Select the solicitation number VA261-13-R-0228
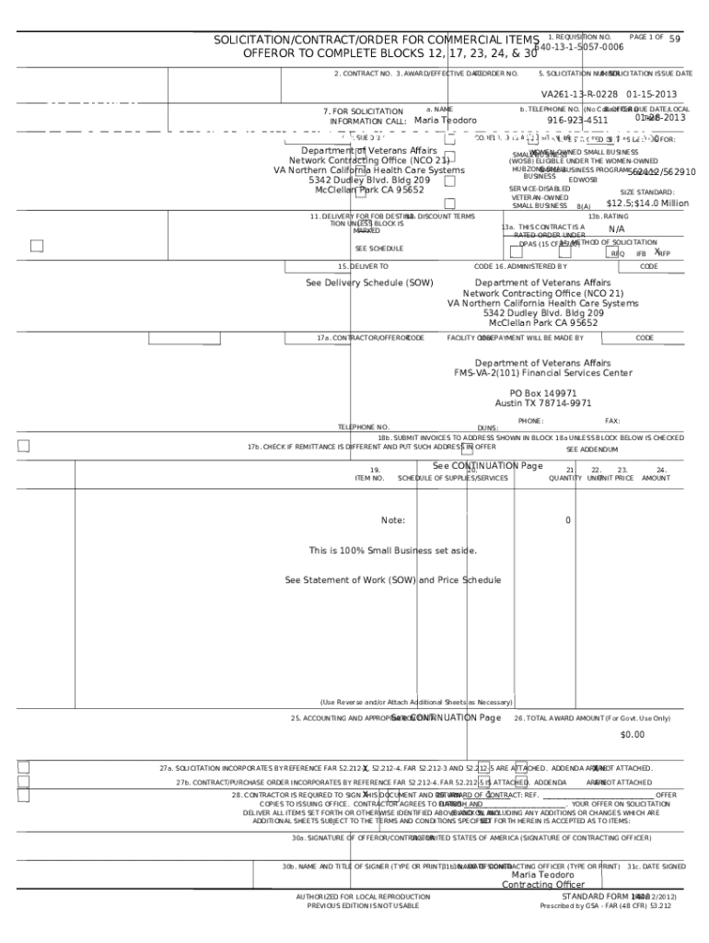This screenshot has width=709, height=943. [579, 94]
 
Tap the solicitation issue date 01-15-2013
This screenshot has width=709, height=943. [652, 94]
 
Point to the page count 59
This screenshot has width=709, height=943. [675, 39]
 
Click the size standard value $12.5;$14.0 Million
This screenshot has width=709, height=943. [647, 204]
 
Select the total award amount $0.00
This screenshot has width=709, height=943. [633, 735]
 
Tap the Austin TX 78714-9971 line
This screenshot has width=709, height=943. [543, 403]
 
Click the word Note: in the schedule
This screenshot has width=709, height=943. [393, 520]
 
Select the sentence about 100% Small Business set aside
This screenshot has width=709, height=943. [393, 551]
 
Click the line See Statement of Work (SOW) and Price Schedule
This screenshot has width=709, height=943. [393, 580]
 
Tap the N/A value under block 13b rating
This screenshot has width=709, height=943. [617, 229]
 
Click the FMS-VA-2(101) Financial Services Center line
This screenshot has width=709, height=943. [542, 373]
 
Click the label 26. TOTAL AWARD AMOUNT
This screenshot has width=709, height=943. [592, 718]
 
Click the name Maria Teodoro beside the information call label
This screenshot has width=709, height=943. [446, 121]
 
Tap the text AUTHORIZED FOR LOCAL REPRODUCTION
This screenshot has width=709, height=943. [363, 896]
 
